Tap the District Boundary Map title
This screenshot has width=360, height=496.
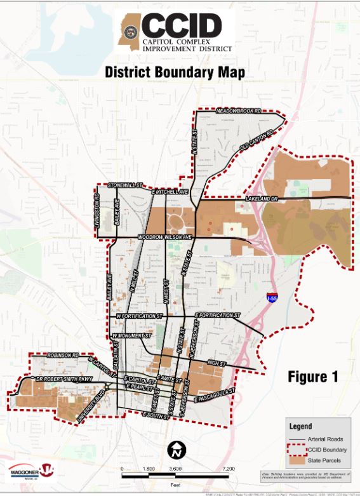[175, 72]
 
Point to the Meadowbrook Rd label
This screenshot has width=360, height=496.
[239, 111]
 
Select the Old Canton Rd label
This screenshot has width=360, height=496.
[256, 141]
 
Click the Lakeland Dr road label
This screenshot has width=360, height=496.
[262, 199]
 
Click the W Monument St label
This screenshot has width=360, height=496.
[131, 335]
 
